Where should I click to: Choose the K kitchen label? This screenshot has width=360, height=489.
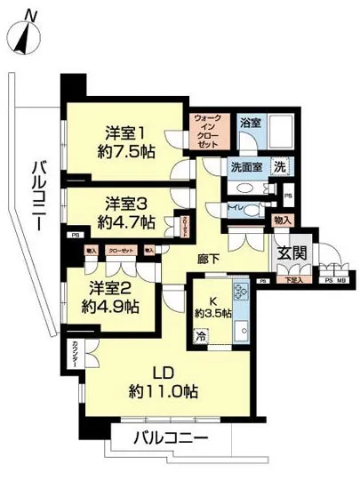pyautogui.click(x=212, y=300)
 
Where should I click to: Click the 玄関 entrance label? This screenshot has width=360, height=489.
pyautogui.click(x=292, y=253)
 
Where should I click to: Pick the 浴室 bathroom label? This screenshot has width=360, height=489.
pyautogui.click(x=250, y=123)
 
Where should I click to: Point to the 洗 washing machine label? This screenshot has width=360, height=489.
pyautogui.click(x=278, y=165)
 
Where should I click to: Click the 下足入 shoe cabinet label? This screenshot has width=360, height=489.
pyautogui.click(x=292, y=280)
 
